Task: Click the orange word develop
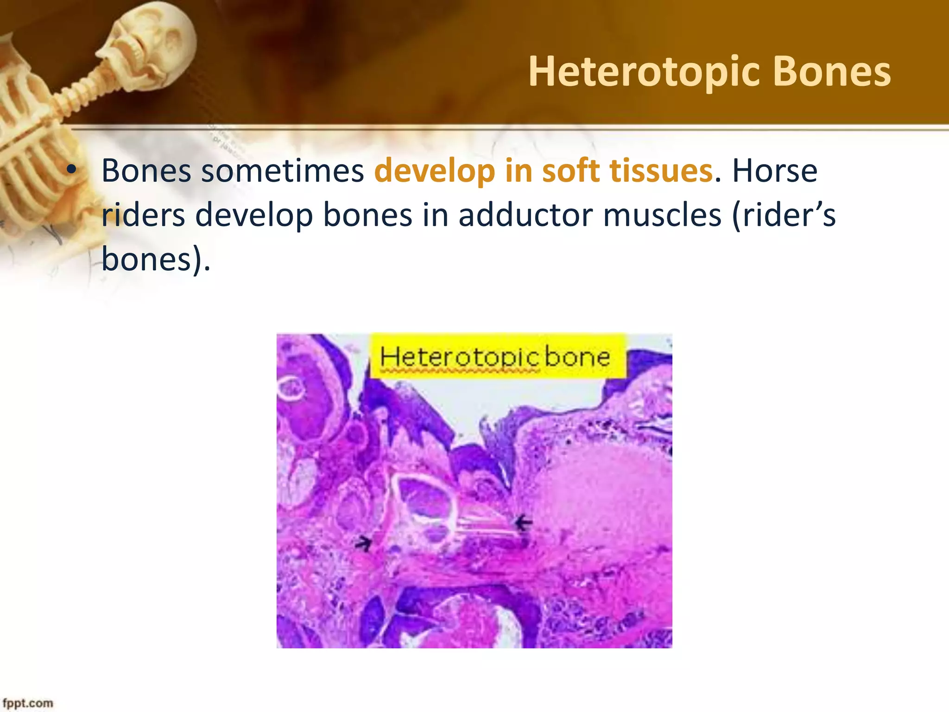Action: click(x=435, y=171)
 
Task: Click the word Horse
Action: click(x=774, y=171)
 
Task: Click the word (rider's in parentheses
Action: click(x=784, y=215)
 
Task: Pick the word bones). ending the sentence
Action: click(x=156, y=259)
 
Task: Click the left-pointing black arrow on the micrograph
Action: click(x=524, y=523)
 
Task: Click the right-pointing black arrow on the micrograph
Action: click(x=364, y=542)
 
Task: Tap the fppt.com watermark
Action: click(x=28, y=703)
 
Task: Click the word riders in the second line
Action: click(x=143, y=215)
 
